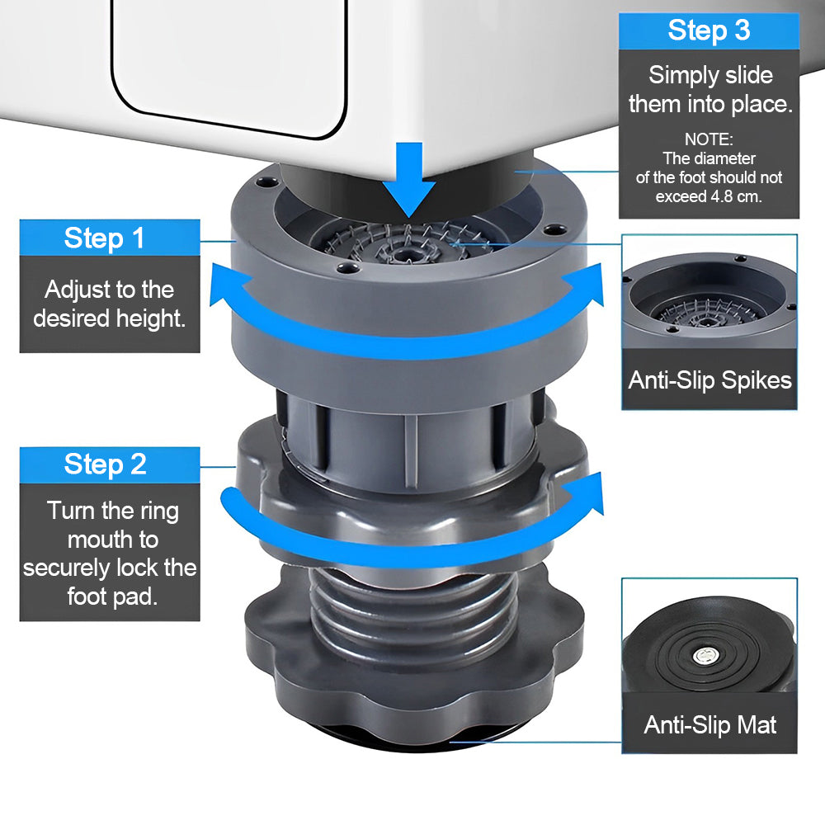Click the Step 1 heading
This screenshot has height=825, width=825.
104,238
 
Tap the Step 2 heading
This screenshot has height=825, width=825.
106,464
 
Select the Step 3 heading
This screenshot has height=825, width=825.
709,30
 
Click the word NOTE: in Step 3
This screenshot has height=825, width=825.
709,139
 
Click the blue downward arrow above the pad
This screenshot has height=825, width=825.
409,180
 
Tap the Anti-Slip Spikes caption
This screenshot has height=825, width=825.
709,379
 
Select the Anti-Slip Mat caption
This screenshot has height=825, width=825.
709,724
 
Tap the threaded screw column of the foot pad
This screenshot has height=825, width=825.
413,610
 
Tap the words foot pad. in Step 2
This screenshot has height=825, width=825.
112,596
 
